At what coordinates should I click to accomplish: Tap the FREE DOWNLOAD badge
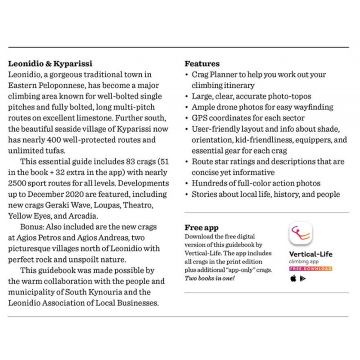[x=310, y=269]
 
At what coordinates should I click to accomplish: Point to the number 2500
[x=18, y=184]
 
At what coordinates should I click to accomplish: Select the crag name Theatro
[x=140, y=205]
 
